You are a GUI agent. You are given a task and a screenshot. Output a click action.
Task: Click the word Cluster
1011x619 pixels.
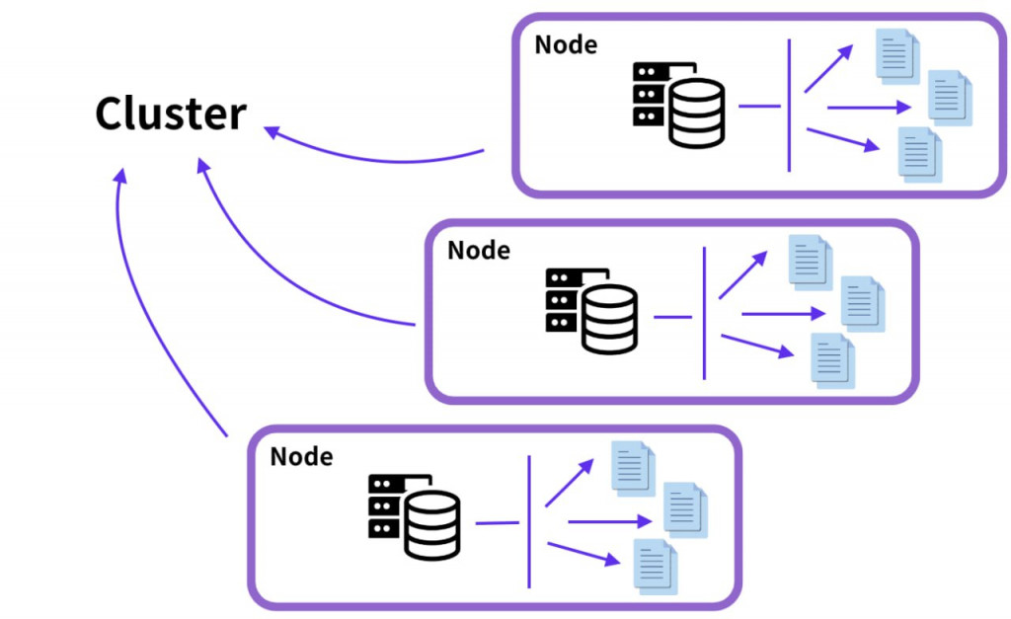coord(170,115)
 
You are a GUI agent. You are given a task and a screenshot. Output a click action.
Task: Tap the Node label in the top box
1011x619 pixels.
coord(566,44)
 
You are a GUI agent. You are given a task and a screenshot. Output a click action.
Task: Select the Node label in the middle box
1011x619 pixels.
coord(479,250)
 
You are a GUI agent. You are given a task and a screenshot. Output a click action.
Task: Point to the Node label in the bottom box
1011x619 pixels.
coord(301,456)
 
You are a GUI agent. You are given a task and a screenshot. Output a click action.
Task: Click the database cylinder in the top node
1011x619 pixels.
coord(697,113)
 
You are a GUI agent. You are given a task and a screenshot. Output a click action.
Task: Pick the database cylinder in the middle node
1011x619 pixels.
coord(609,320)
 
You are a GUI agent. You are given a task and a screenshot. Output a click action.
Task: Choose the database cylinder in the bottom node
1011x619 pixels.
coord(432,525)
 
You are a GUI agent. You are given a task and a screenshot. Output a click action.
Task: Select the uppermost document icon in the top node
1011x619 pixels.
coord(896,55)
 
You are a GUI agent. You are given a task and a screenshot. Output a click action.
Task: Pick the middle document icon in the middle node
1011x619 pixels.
coord(862,303)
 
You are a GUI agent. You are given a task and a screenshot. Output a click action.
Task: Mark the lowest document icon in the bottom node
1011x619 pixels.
coord(653,567)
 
